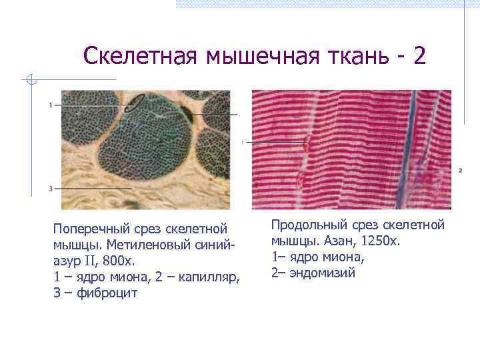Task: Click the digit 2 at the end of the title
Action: [x=419, y=55]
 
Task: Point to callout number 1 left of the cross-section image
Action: [x=50, y=105]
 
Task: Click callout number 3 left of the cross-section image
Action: [x=50, y=189]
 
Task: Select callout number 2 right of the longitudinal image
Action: [x=460, y=171]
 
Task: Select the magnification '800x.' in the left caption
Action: [x=117, y=261]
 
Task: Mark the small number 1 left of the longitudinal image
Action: [x=243, y=142]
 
